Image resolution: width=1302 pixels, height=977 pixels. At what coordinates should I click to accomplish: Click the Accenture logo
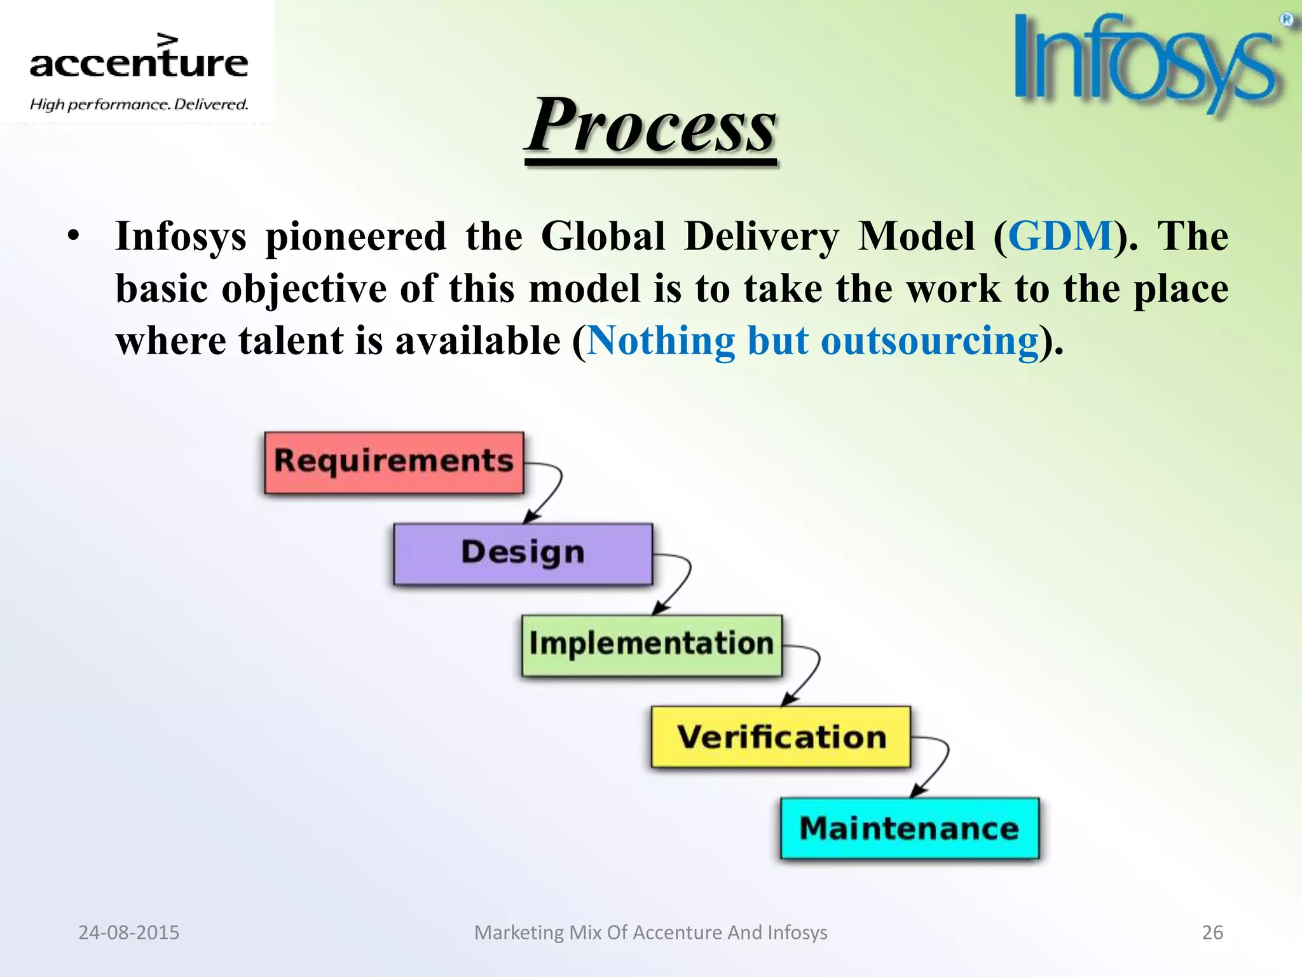coord(139,62)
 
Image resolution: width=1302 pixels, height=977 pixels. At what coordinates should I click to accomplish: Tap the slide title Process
coord(651,126)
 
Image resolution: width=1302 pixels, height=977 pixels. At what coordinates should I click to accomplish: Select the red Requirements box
coord(394,462)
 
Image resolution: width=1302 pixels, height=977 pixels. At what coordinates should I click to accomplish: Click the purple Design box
coord(523,553)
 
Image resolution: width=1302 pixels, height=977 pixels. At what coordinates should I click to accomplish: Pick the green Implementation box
coord(652,645)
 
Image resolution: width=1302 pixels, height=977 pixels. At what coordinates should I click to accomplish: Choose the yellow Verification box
coord(781,737)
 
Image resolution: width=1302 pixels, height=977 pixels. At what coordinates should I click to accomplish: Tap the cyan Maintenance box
coord(910,828)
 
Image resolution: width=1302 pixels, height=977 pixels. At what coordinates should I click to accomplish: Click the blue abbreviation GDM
coord(1060,237)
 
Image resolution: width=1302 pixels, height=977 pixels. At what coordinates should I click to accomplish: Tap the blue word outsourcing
coord(929,341)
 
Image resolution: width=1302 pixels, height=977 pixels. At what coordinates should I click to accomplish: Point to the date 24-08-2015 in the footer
coord(128,932)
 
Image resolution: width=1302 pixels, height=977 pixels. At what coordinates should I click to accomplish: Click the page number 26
coord(1212,932)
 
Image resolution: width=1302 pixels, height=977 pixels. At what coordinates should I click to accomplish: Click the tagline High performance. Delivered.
coord(139,104)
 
